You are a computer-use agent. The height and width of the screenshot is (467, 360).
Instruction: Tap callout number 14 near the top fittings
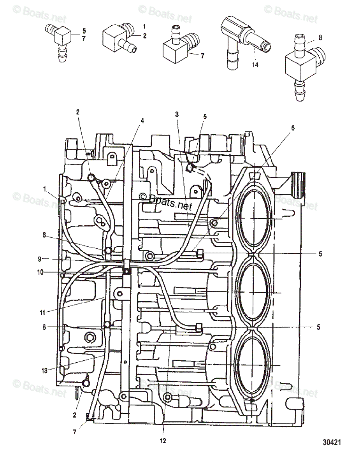[255, 65]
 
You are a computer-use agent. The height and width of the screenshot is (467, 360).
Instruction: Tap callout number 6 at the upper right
[293, 128]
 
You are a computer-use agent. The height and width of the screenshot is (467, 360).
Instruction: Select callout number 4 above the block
[142, 120]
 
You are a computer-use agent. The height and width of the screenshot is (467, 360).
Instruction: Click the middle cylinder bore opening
[253, 292]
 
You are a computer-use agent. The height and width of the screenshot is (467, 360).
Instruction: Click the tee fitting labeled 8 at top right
[302, 68]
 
